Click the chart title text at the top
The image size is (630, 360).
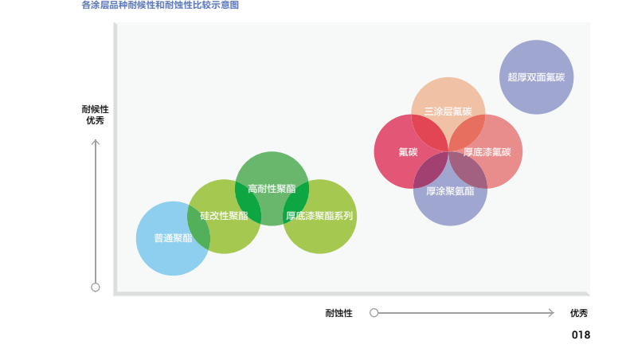(160, 6)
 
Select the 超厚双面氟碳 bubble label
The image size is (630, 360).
(536, 77)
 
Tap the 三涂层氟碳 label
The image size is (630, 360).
(448, 112)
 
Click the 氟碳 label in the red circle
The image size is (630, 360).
(409, 152)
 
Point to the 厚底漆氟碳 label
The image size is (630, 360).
(487, 152)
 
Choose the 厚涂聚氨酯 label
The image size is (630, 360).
(450, 191)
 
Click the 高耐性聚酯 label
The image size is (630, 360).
(272, 189)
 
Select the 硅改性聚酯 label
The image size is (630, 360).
(224, 216)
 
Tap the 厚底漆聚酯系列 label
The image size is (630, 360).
(319, 216)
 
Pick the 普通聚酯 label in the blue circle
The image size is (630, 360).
(173, 238)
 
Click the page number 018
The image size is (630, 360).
(581, 335)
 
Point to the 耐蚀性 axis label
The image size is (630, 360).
(338, 313)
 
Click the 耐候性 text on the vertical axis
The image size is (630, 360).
(96, 109)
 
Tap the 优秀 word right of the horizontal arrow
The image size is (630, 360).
(579, 313)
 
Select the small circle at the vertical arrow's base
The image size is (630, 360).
(96, 288)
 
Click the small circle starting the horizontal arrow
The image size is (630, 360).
(374, 312)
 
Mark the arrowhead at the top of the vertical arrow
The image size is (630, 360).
(96, 142)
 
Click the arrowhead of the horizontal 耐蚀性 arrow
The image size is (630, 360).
(551, 312)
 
